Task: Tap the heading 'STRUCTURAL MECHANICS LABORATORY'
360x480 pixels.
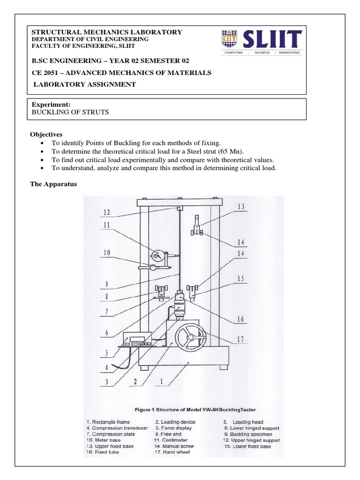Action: point(106,32)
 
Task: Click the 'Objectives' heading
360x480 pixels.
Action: point(46,134)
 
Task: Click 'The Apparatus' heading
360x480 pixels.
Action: point(53,184)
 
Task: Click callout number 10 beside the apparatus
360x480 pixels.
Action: point(107,253)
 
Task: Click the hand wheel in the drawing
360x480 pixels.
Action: point(189,338)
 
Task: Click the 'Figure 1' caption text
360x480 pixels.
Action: point(195,409)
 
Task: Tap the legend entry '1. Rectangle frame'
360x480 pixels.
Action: point(112,422)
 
